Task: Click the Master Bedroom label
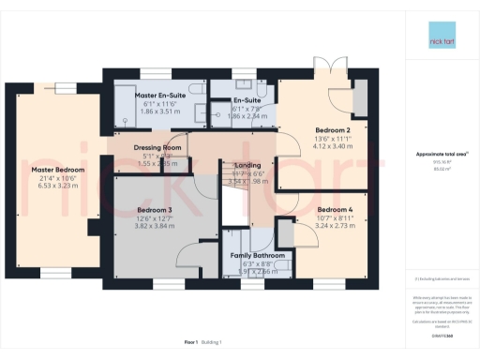coord(58,170)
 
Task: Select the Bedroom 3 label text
coord(156,209)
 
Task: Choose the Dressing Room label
coord(157,148)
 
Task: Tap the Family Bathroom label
coord(257,256)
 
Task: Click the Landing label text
coord(247,165)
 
